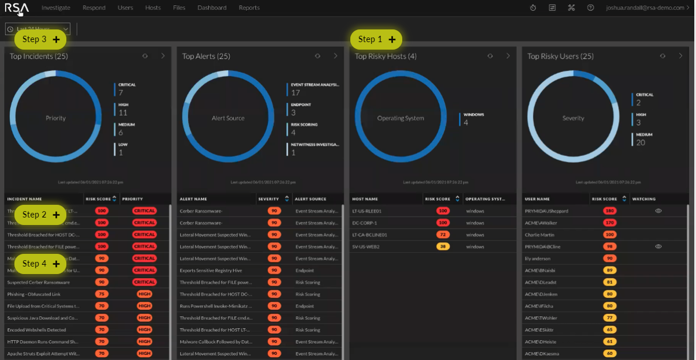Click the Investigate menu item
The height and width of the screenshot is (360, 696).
click(56, 8)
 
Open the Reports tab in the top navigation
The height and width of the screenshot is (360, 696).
click(249, 8)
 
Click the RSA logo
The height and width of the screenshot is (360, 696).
click(17, 8)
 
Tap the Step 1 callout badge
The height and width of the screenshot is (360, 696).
click(376, 39)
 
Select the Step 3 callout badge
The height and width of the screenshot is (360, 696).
click(40, 39)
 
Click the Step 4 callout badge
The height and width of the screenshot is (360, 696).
click(40, 264)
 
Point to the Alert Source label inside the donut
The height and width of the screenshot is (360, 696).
click(228, 118)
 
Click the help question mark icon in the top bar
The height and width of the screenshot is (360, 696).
click(590, 8)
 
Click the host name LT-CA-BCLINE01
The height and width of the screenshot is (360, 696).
click(369, 235)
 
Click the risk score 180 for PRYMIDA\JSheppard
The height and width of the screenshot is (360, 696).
click(609, 211)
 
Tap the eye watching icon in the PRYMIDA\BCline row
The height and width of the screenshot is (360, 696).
click(658, 246)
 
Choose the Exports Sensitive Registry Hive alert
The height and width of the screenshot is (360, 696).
click(211, 271)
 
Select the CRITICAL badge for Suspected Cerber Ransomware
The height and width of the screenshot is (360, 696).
click(144, 282)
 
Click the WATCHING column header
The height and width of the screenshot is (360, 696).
click(644, 199)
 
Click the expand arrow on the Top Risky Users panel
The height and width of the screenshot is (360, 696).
click(680, 56)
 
